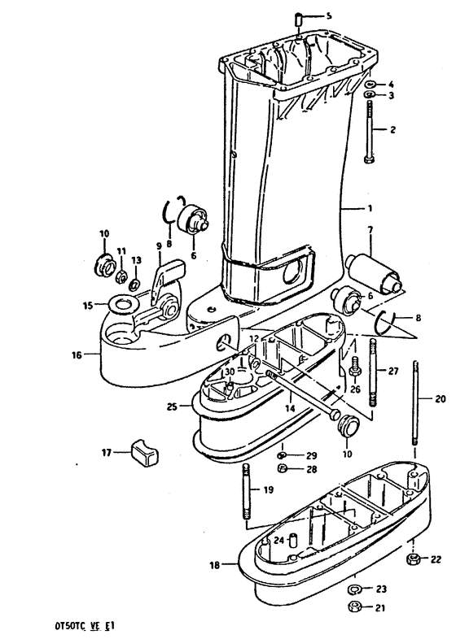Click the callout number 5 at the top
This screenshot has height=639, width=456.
click(329, 16)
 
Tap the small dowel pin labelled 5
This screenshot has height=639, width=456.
click(299, 20)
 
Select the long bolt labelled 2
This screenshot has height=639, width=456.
click(369, 132)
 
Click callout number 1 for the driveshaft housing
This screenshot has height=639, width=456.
click(370, 209)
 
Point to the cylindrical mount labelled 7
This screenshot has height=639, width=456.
click(373, 273)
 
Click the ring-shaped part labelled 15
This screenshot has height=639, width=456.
click(121, 305)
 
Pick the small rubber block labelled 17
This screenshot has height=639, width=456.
click(145, 452)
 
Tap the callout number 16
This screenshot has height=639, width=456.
click(77, 355)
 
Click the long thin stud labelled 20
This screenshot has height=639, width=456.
click(415, 402)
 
